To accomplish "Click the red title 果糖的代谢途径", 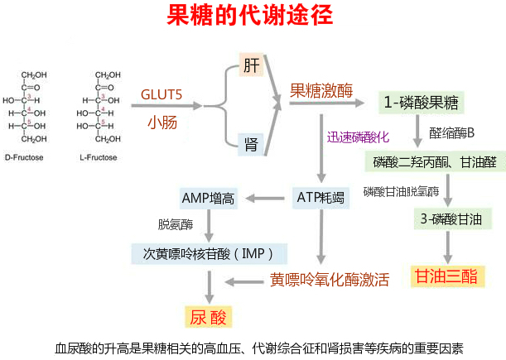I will click(x=252, y=17).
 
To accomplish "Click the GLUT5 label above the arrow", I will click(x=161, y=94).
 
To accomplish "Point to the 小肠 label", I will click(x=161, y=122).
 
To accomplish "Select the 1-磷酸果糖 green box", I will click(x=420, y=103).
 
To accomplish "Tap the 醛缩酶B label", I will click(x=451, y=133).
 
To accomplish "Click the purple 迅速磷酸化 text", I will click(x=357, y=136).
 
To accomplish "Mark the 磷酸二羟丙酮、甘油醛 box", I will click(x=435, y=161).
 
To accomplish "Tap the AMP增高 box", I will click(x=207, y=198).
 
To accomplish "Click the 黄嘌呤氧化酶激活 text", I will click(x=330, y=280).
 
